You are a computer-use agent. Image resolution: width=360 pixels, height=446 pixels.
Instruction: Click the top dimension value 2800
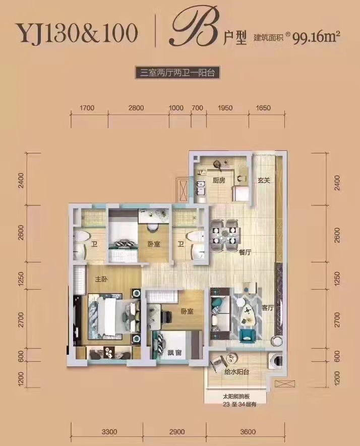coord(136,108)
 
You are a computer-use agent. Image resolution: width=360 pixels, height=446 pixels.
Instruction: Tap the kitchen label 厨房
coord(218,181)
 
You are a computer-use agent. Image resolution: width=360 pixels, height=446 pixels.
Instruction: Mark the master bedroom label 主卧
coord(101,279)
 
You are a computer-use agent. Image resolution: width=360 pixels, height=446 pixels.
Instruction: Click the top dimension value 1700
coord(87,108)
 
